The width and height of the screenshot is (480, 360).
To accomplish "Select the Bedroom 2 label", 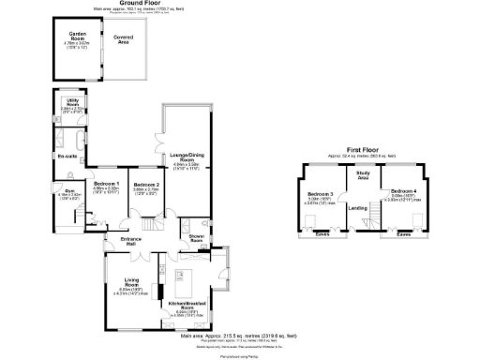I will pyautogui.click(x=146, y=185).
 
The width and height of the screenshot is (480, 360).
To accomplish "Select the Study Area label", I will pyautogui.click(x=362, y=175).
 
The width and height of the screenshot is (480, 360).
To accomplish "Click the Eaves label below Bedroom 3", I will pyautogui.click(x=322, y=234).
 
